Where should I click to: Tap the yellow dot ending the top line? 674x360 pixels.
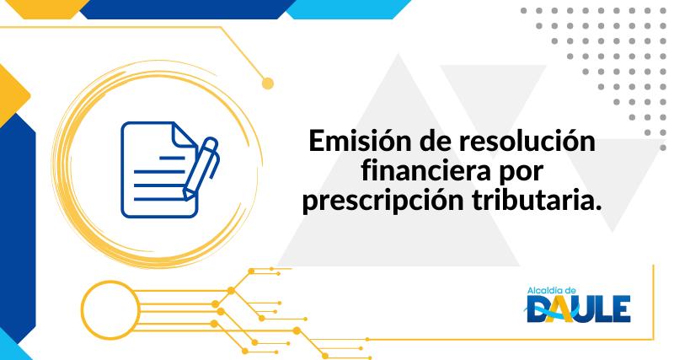[269, 83]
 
